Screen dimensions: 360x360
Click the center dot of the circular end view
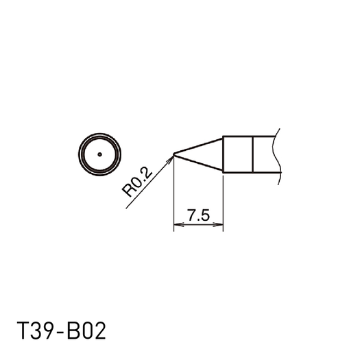point(99,154)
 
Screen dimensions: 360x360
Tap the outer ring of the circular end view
point(99,133)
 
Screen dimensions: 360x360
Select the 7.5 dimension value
point(198,215)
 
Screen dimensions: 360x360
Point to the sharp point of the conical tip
point(174,154)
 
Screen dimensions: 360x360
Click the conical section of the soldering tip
point(206,154)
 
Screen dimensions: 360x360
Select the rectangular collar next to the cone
point(239,154)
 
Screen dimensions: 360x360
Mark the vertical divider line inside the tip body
point(254,154)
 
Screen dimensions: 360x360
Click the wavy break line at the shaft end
point(277,154)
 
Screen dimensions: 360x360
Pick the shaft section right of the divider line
point(265,154)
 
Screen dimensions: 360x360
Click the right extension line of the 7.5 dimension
point(224,199)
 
